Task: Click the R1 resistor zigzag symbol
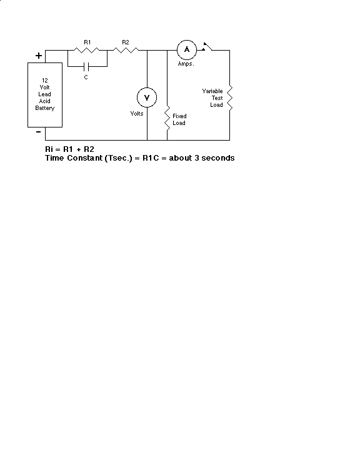tap(86, 50)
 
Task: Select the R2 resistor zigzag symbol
tap(126, 50)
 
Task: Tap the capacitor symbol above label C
tap(86, 67)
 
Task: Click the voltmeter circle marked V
tap(147, 97)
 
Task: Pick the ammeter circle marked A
tap(187, 50)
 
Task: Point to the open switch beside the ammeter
tap(207, 47)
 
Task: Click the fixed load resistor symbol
tap(167, 118)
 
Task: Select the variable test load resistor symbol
tap(229, 97)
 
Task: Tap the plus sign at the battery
tap(39, 56)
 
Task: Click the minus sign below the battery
tap(39, 132)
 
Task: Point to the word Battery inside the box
tap(45, 108)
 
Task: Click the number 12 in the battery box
tap(45, 81)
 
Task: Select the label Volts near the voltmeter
tap(137, 114)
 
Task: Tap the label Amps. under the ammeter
tap(186, 64)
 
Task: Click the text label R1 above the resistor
tap(87, 42)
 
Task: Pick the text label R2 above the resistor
tap(126, 42)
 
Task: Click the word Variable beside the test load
tap(212, 91)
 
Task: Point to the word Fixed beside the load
tap(179, 116)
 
